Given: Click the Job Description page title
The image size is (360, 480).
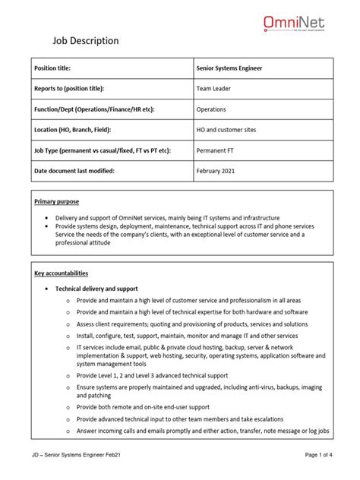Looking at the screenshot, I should click(84, 41).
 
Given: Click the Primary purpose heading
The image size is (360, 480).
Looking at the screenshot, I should click(57, 202).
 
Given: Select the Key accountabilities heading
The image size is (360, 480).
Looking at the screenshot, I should click(62, 273).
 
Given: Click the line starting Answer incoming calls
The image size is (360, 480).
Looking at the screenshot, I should click(202, 431).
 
